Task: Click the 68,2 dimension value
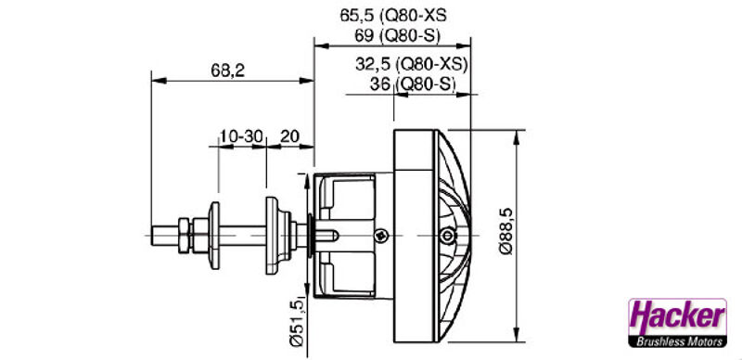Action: [x=227, y=71]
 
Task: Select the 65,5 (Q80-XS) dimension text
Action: [x=393, y=15]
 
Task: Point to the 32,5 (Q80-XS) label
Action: [x=411, y=64]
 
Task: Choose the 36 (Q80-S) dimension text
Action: [x=412, y=84]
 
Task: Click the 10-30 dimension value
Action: [x=241, y=136]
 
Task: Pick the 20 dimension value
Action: [x=289, y=136]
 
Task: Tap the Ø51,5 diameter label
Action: [x=298, y=323]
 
